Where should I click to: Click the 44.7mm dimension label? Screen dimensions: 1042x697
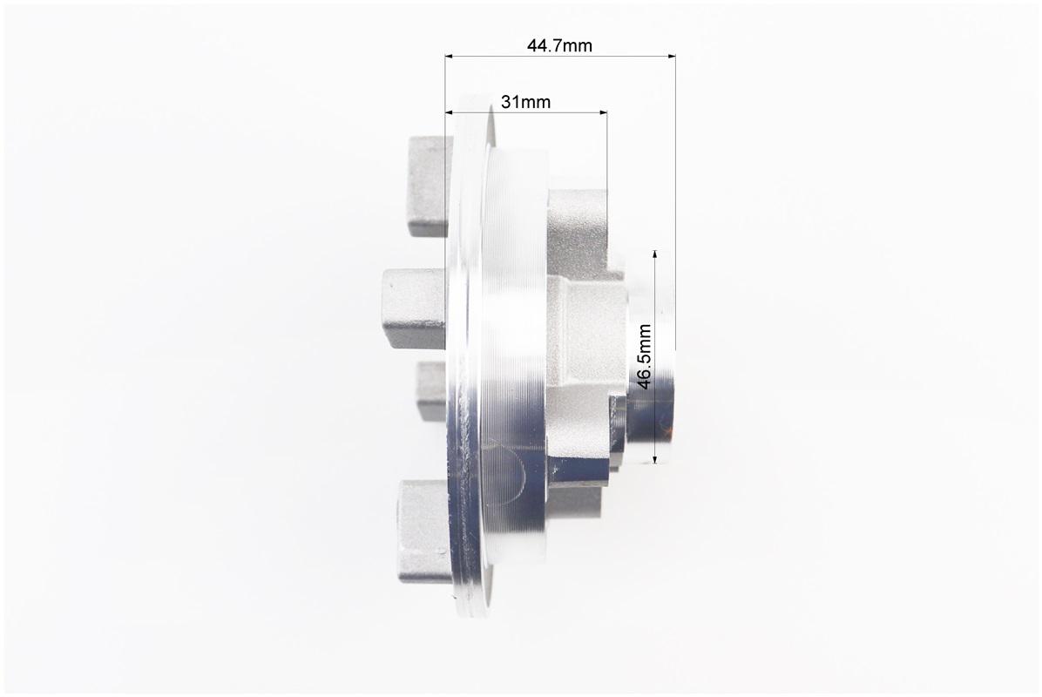558,45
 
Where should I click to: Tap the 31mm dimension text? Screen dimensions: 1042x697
525,102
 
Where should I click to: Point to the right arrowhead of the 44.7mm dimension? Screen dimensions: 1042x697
670,57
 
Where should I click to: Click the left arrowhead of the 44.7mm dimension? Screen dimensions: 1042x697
451,57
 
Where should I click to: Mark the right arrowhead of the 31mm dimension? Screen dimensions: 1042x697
601,112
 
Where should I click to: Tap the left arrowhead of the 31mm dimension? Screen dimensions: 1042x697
451,112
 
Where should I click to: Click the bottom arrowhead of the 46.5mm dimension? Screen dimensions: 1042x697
655,457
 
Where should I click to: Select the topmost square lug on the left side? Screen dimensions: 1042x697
430,186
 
